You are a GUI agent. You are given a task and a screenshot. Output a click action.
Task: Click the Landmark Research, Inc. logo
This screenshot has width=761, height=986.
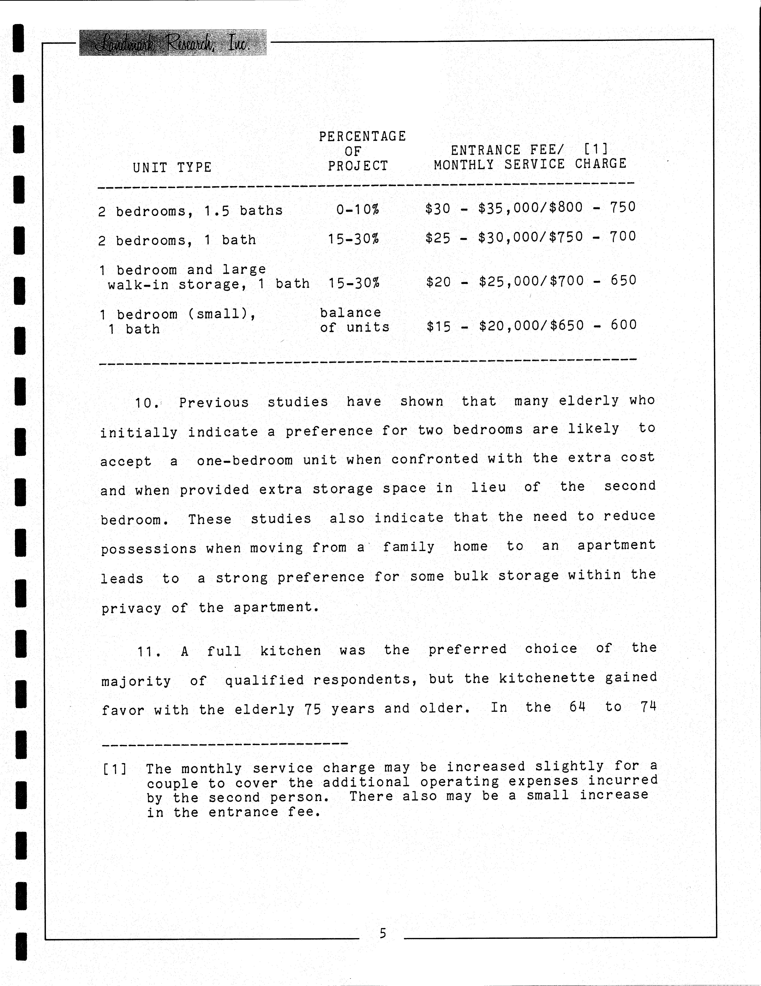click(x=173, y=43)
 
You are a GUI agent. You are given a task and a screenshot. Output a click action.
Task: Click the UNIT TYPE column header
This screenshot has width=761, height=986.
click(x=172, y=168)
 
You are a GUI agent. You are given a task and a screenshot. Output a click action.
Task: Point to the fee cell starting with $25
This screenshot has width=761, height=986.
click(x=530, y=237)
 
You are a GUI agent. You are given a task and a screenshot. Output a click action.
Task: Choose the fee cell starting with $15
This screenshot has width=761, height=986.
click(x=531, y=326)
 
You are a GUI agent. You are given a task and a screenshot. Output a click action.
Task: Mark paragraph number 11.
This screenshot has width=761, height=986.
click(x=148, y=651)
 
